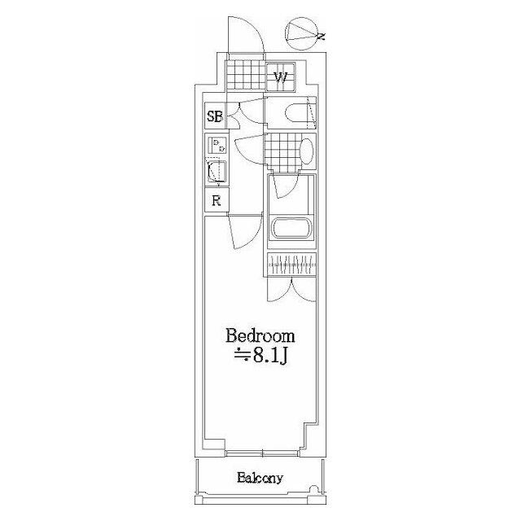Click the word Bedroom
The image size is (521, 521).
pos(260,336)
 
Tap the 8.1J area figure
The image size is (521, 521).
pos(263,356)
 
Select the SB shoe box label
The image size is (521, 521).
pos(214,116)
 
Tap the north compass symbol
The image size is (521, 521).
pos(304,33)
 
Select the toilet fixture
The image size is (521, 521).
pos(296,113)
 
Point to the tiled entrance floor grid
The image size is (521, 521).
pos(247,77)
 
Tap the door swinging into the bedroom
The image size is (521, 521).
pos(243,231)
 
